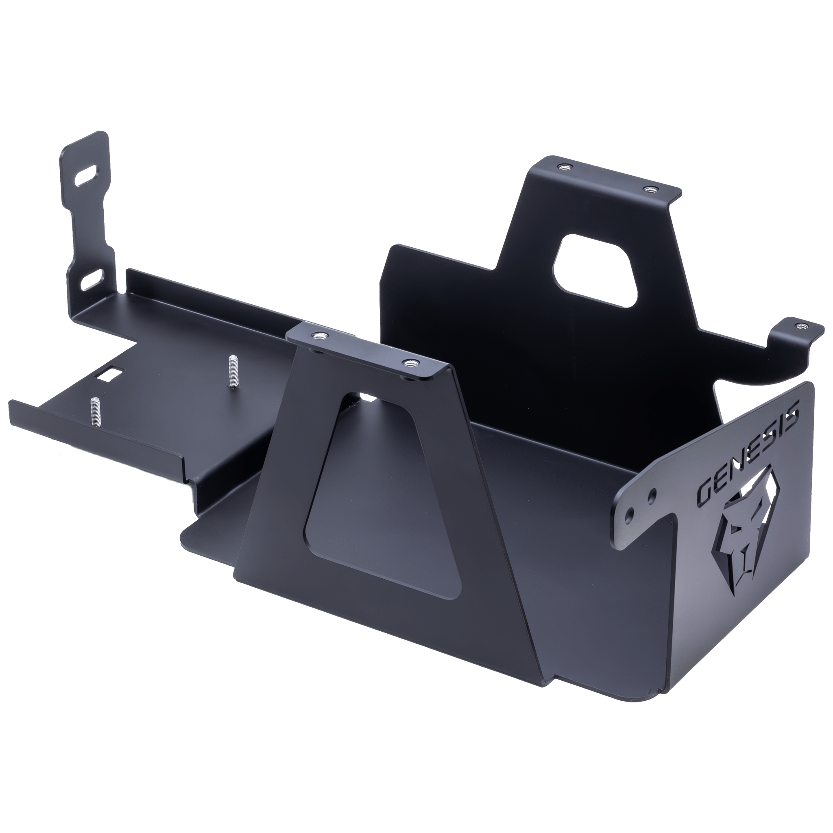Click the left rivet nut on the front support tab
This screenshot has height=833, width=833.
pyautogui.click(x=319, y=335)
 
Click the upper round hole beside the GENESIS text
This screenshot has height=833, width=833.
pyautogui.click(x=652, y=493)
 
